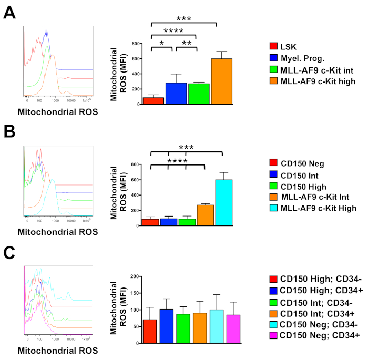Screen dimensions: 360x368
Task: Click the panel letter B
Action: [9, 130]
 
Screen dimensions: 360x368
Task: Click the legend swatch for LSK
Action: [273, 47]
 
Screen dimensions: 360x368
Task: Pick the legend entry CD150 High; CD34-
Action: [314, 280]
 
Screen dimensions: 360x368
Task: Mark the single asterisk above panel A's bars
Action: [162, 43]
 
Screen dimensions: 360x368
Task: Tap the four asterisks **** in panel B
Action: [177, 160]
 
